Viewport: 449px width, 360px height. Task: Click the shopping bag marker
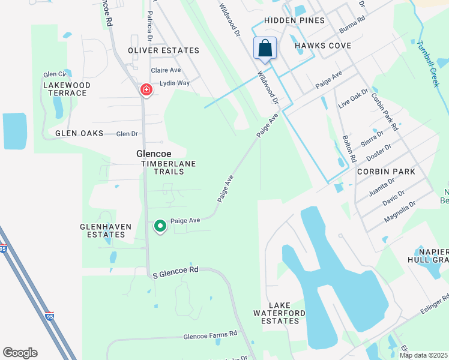coord(265,48)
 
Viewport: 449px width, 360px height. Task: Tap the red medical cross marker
coord(146,89)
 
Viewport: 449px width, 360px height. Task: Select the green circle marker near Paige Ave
coord(160,226)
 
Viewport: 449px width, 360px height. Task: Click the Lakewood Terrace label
coord(67,89)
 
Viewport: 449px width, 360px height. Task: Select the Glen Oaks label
coord(79,133)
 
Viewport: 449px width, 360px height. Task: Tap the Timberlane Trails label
coord(162,167)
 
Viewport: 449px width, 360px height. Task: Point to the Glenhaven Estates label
coord(103,230)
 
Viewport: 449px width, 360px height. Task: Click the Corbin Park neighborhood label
coord(386,172)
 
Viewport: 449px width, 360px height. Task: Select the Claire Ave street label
coord(166,70)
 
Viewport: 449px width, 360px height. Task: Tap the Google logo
coord(20,353)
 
